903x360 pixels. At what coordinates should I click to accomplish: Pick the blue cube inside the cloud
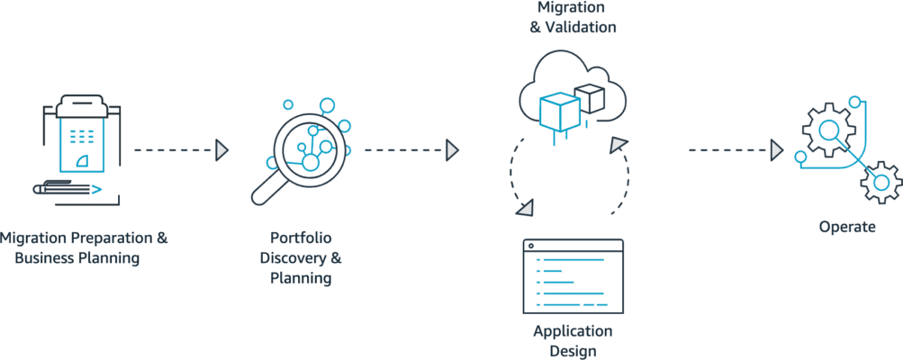coord(558,112)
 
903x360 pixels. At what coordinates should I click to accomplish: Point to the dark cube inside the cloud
coord(590,98)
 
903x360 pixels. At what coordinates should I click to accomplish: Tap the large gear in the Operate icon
coord(827,130)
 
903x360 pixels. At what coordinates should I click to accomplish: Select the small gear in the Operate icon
coord(880,183)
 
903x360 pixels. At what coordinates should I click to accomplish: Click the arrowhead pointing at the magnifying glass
coord(221,149)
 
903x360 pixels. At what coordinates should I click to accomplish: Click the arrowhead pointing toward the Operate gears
coord(777,149)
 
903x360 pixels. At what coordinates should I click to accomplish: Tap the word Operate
coord(846,227)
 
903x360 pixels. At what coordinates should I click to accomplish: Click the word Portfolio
coord(301,238)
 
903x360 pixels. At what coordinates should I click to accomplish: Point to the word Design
coord(573,351)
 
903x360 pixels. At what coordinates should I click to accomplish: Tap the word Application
coord(573,331)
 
